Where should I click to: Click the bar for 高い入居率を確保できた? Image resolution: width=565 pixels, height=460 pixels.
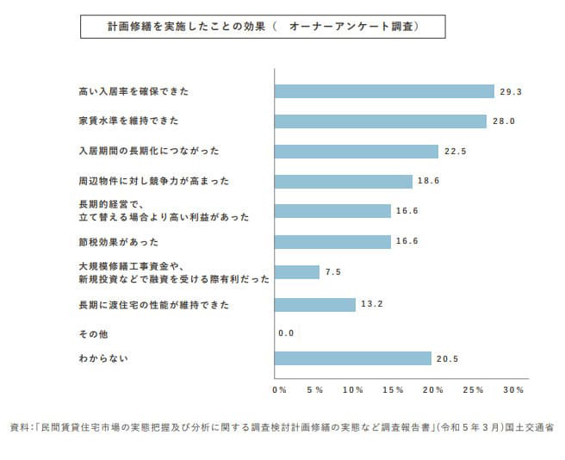(383, 90)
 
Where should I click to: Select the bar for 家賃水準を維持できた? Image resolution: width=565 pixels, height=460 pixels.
(380, 121)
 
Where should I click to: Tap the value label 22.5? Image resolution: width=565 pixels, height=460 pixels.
(455, 152)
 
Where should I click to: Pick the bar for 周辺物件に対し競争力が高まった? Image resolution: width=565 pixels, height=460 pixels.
(343, 182)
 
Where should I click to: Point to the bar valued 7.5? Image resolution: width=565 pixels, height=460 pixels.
(295, 272)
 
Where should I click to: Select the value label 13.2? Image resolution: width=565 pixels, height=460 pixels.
(372, 303)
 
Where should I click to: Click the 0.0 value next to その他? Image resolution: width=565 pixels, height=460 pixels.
(287, 333)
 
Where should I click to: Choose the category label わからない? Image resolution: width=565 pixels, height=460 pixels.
(98, 357)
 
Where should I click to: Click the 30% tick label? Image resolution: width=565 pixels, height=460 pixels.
(513, 390)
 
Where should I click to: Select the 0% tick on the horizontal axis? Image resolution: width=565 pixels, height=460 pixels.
(279, 390)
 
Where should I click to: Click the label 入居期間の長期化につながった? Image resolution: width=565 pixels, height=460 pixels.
(148, 151)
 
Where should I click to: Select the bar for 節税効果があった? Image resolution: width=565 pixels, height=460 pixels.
(332, 242)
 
